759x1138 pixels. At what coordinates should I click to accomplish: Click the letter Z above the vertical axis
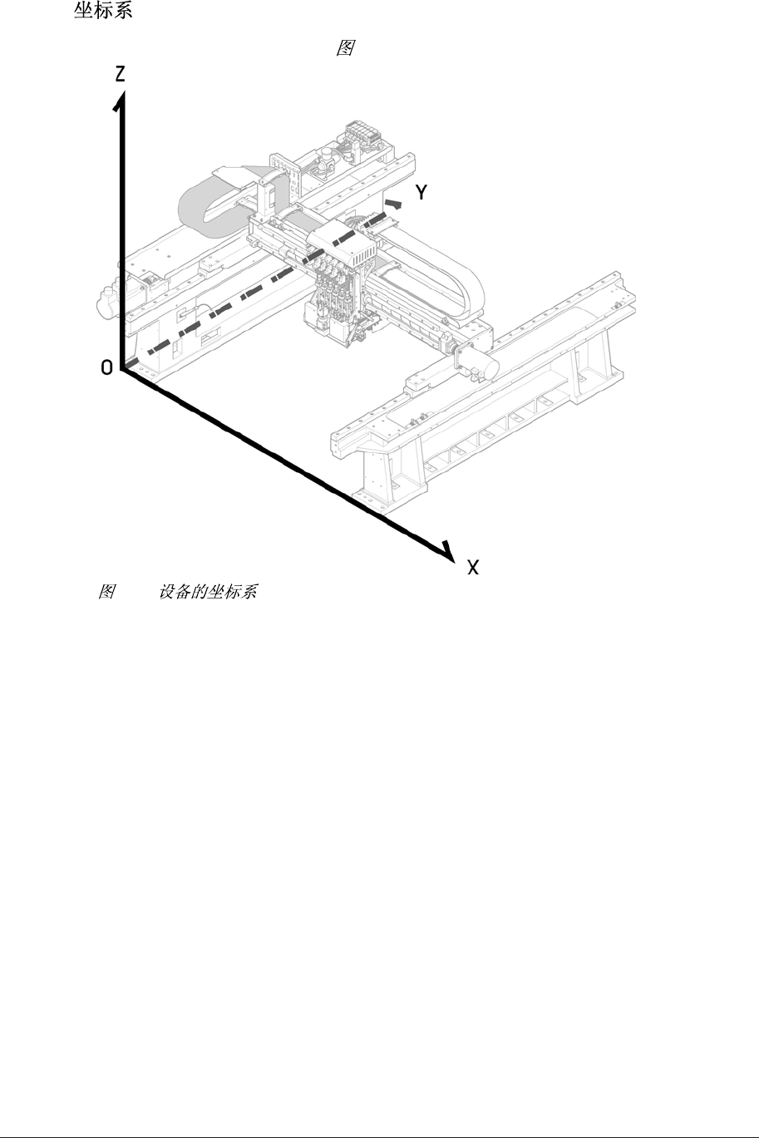point(121,75)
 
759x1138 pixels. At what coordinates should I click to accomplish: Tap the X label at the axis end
point(473,568)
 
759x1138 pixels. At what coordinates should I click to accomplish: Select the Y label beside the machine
point(422,193)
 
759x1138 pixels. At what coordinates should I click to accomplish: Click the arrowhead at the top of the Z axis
point(121,101)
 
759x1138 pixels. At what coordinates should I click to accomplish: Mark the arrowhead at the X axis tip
point(449,552)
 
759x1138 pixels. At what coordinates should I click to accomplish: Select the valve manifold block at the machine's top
point(362,133)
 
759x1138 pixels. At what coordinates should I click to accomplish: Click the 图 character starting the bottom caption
point(106,592)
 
